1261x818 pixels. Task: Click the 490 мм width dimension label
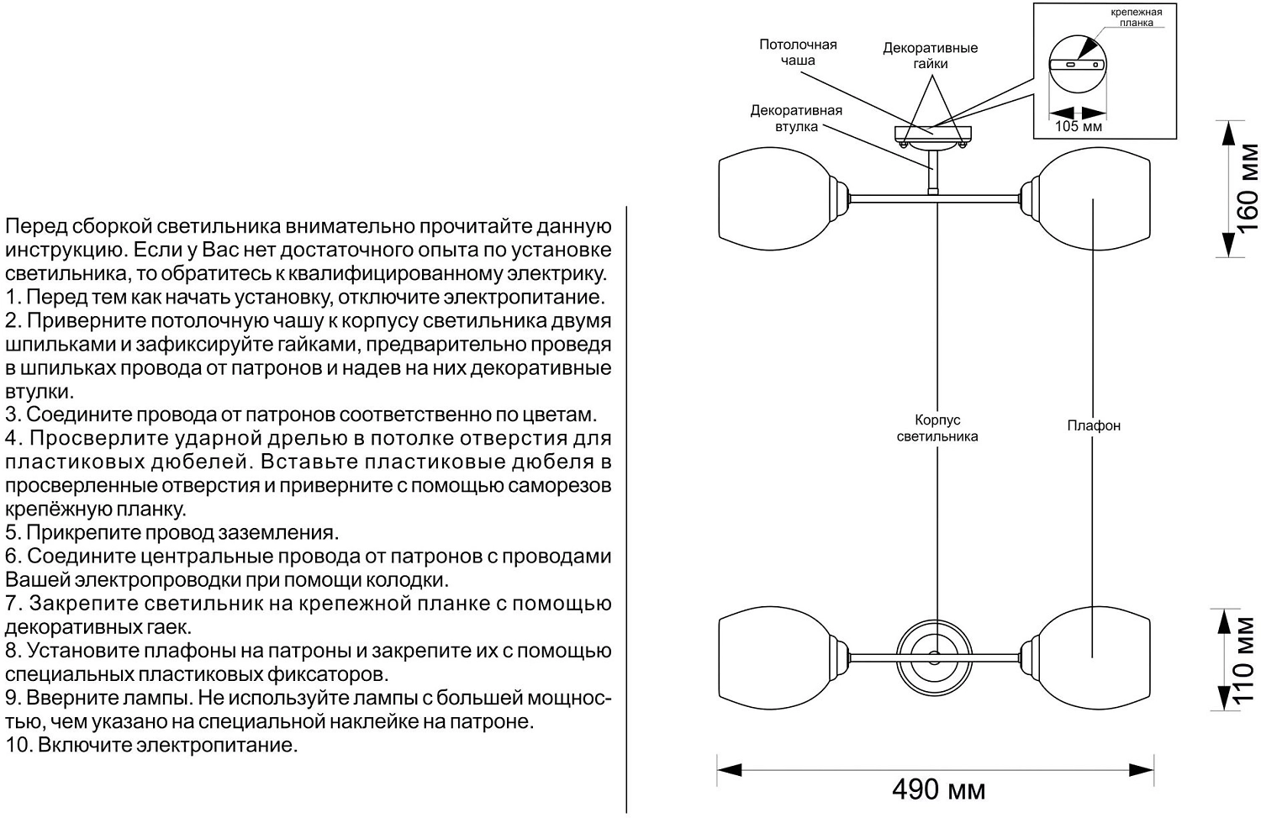(x=937, y=789)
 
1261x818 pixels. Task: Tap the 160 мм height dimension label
(x=1248, y=188)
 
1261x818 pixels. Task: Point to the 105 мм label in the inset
(x=1078, y=127)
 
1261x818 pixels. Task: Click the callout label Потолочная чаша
(x=798, y=52)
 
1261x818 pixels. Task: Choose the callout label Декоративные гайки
(x=930, y=55)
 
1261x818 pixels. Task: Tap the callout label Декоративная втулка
(x=795, y=118)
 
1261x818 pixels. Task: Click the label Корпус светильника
(x=937, y=428)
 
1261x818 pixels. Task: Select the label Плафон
(x=1093, y=425)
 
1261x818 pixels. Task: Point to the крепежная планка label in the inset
(x=1136, y=18)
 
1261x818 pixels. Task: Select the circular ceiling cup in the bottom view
(x=933, y=656)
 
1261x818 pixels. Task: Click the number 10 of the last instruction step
(x=17, y=745)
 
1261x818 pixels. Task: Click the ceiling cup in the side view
(x=933, y=135)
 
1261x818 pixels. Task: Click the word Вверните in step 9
(x=66, y=698)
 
